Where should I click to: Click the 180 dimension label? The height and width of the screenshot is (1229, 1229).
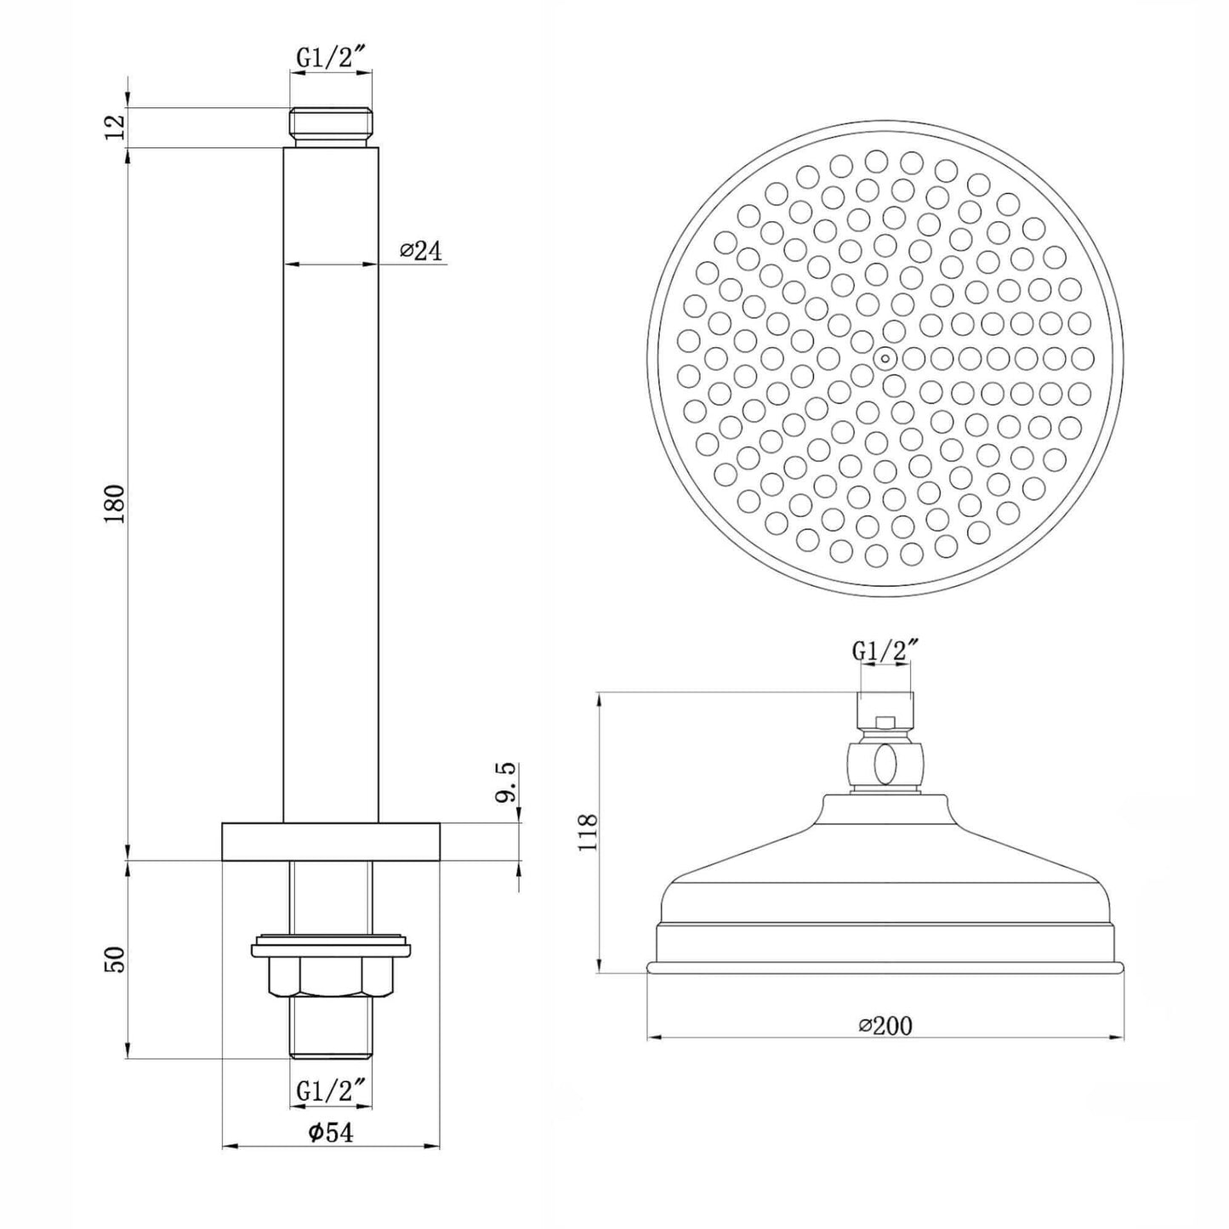[116, 504]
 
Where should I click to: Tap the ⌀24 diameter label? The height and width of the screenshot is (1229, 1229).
[421, 251]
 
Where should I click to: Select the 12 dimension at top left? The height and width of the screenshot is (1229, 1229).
[116, 128]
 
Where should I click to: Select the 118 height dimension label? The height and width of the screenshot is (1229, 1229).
[587, 832]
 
